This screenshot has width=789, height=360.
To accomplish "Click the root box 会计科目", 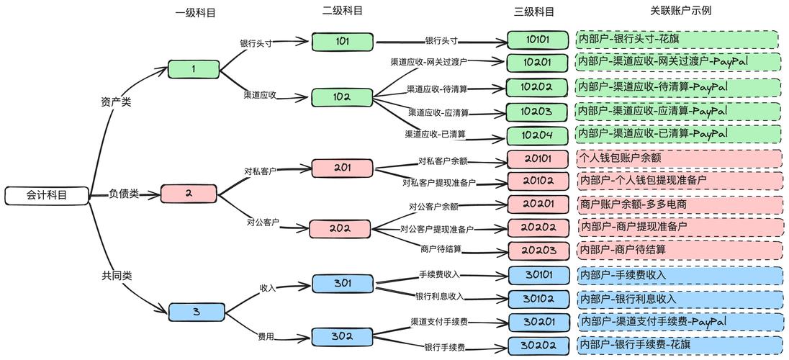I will (47, 194).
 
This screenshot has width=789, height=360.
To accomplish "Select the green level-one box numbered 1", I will (194, 69).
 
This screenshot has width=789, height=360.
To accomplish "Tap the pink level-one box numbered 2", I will (189, 194).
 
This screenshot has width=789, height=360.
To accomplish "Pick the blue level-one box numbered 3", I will (196, 312).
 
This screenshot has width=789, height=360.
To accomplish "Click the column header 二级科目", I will (343, 10).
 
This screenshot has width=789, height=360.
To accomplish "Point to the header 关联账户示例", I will (680, 10).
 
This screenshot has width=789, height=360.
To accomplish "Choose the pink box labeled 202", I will (340, 229).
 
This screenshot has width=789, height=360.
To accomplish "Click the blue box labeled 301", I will (343, 283).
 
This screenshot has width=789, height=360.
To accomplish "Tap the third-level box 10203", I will (537, 112).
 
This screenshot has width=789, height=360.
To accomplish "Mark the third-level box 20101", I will (537, 158).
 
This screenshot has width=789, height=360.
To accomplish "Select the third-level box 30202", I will (537, 346).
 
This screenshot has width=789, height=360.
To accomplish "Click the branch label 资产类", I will (116, 102).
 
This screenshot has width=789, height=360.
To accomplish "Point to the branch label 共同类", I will (117, 275).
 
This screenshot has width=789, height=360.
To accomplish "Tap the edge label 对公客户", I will (263, 222).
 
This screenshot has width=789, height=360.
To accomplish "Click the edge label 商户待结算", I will (441, 249).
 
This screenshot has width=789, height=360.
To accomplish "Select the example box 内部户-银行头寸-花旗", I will (677, 40).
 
